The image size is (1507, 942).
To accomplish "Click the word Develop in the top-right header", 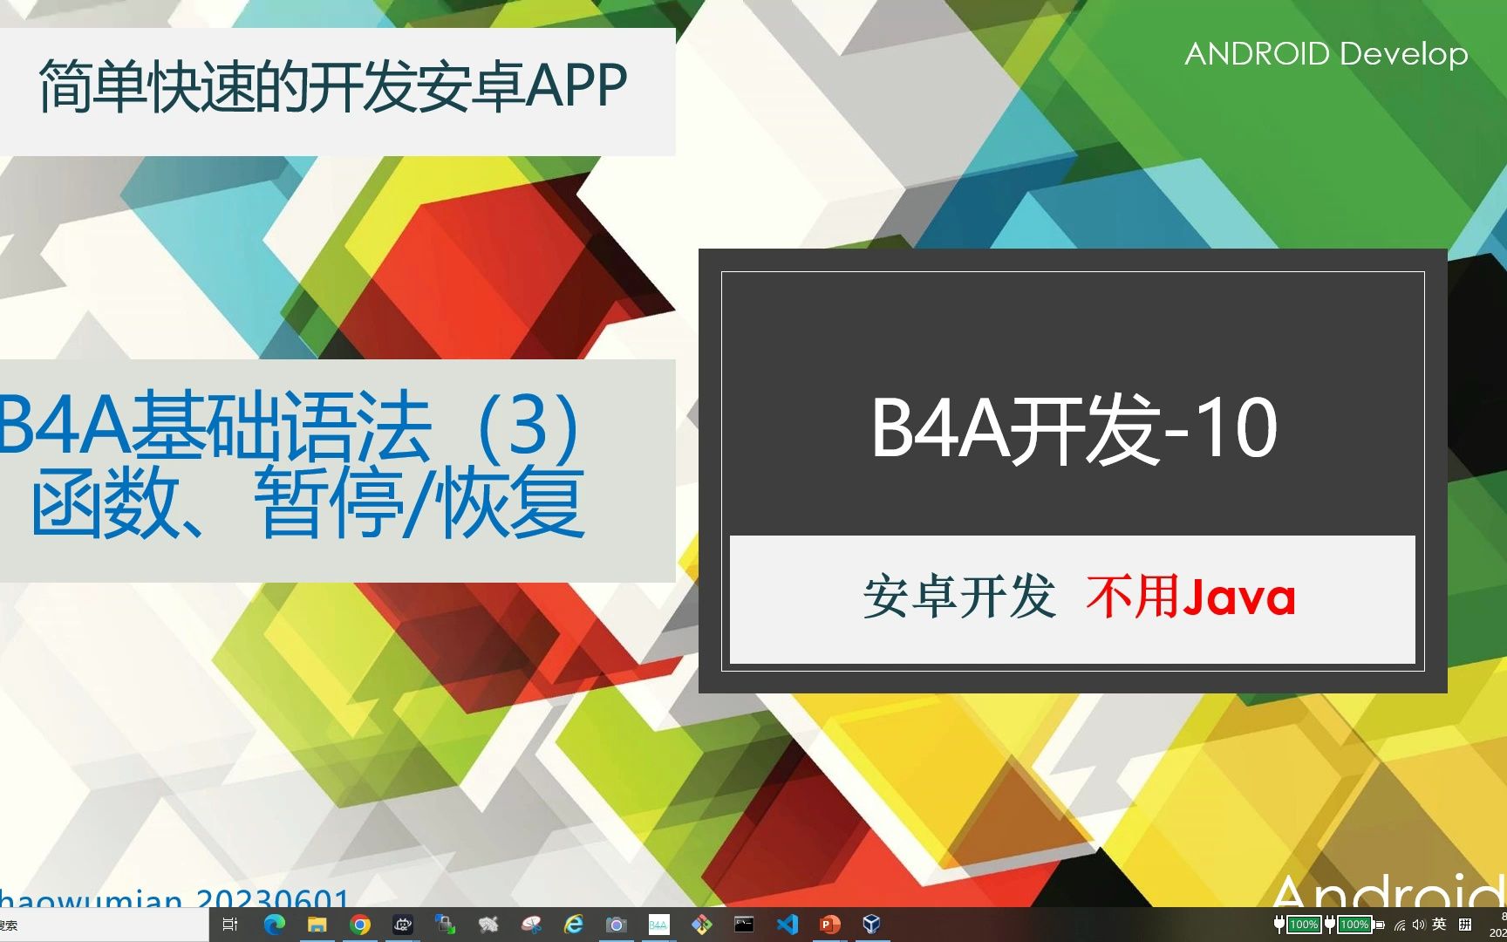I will coord(1403,54).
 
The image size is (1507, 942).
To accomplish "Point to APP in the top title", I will coord(576,86).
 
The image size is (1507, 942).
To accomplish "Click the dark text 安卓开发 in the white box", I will coord(959,598).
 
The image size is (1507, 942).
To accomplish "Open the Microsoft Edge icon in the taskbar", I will coord(275,925).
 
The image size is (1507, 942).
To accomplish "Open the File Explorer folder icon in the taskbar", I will coord(317,925).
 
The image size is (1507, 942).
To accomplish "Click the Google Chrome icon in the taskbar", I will coord(359,925).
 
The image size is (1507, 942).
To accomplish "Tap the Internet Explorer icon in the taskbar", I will coord(573,925).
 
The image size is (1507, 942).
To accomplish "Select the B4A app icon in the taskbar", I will coord(658,925).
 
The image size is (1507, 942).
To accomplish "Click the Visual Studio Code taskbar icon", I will coord(787,925).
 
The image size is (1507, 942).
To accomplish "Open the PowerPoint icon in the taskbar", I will coord(829,925).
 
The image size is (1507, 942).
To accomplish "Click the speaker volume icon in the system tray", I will coord(1418,925).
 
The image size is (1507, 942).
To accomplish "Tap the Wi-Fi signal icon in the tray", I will coord(1400,925).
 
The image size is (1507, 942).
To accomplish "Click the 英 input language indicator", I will coord(1439,924).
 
